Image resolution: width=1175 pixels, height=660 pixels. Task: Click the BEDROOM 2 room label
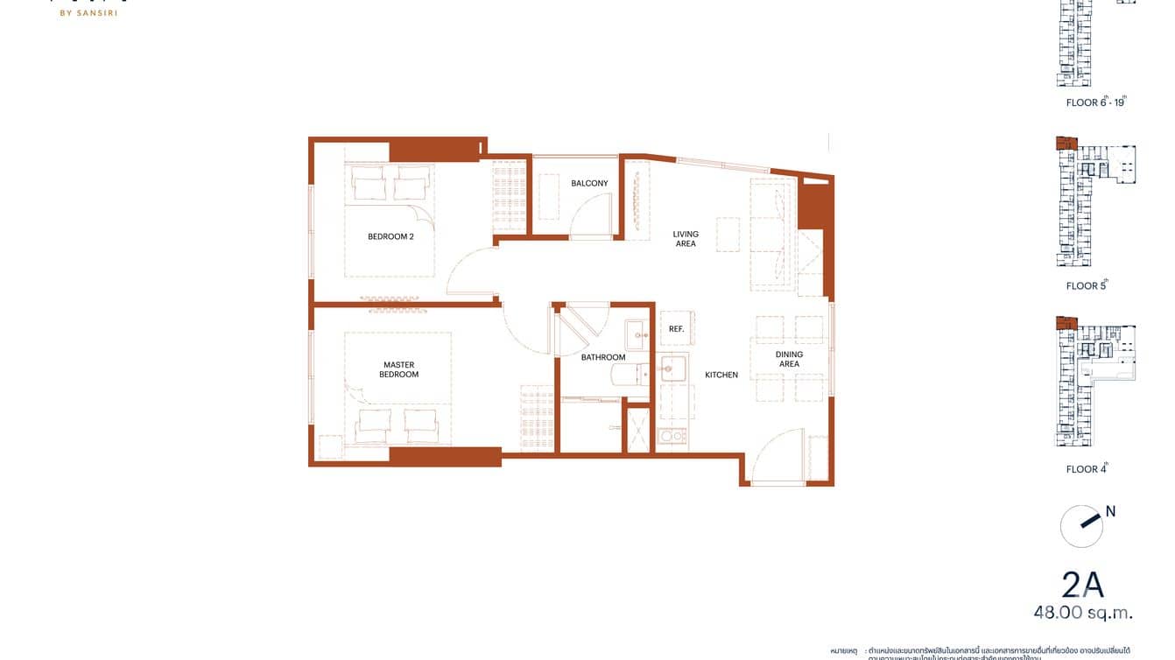[x=390, y=236]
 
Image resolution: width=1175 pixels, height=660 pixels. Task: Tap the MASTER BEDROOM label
[x=398, y=369]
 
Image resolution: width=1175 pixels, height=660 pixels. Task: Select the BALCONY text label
[x=589, y=184]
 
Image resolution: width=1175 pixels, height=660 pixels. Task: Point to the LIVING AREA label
[x=686, y=239]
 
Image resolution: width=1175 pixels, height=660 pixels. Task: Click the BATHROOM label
[x=603, y=357]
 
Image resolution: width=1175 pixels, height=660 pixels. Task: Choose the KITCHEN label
[x=721, y=375]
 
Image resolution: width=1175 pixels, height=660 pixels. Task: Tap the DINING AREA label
[x=789, y=359]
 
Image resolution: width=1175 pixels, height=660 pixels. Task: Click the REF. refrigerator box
[x=676, y=329]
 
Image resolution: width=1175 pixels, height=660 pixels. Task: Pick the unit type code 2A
[x=1083, y=585]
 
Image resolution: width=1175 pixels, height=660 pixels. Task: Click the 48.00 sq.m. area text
[x=1082, y=613]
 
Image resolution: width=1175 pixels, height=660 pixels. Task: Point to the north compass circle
[x=1081, y=526]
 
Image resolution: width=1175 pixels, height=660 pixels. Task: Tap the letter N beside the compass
[x=1110, y=511]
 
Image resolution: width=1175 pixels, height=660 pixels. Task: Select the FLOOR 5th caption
[x=1087, y=285]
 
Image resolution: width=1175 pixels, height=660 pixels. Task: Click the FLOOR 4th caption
[x=1087, y=469]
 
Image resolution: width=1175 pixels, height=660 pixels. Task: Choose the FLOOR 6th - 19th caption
[x=1094, y=102]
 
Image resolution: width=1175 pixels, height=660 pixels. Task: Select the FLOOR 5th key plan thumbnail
[x=1094, y=202]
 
